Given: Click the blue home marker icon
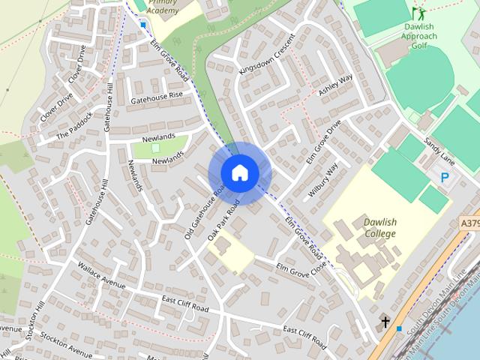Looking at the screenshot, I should [239, 172].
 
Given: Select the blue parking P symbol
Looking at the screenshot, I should [445, 178].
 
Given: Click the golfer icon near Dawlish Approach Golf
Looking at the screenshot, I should [418, 13].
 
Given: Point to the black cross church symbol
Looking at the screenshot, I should [385, 322].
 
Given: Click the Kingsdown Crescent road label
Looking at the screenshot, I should [263, 52].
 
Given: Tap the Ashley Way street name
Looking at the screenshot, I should [335, 85].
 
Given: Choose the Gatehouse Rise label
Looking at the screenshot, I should [157, 96].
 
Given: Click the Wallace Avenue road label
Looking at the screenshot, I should [100, 274].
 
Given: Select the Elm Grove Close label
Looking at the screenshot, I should [301, 266].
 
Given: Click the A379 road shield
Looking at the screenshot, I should [469, 223].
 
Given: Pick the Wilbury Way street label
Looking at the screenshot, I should [323, 180].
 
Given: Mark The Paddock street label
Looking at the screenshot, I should [74, 126].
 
